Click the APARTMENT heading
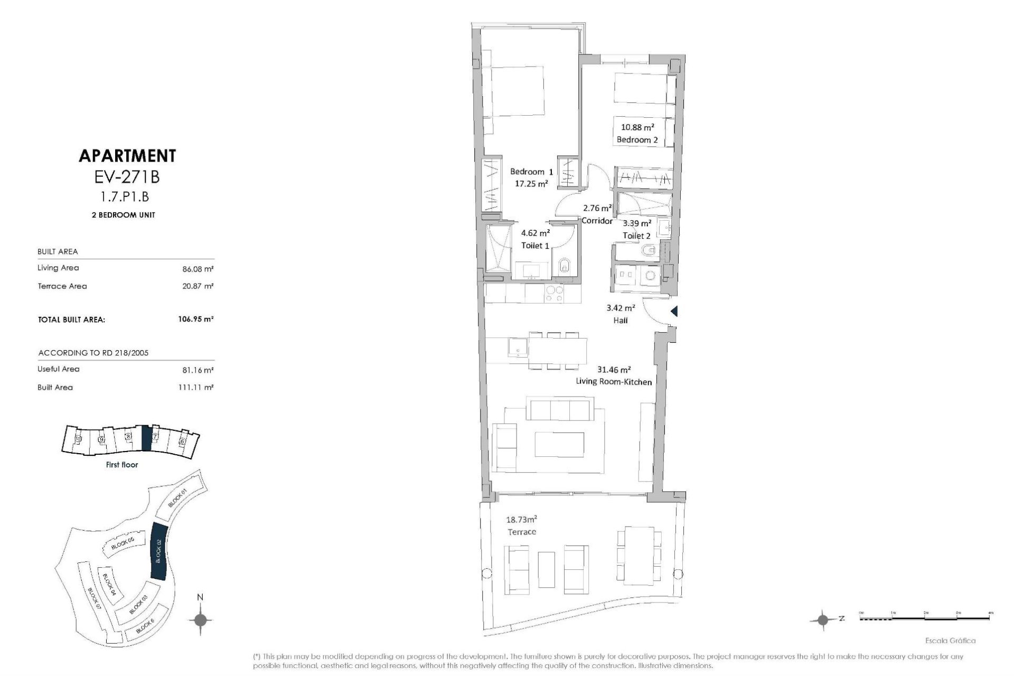pyautogui.click(x=127, y=156)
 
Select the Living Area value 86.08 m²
pyautogui.click(x=198, y=269)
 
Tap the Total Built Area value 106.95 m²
pyautogui.click(x=195, y=319)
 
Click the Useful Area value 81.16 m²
pyautogui.click(x=198, y=370)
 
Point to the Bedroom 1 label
pyautogui.click(x=531, y=172)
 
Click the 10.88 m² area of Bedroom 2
pyautogui.click(x=637, y=127)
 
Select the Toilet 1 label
pyautogui.click(x=535, y=246)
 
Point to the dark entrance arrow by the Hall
pyautogui.click(x=674, y=312)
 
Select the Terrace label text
pyautogui.click(x=521, y=532)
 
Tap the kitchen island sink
pyautogui.click(x=518, y=347)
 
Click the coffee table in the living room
pyautogui.click(x=559, y=444)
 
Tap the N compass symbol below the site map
pyautogui.click(x=200, y=619)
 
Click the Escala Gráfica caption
pyautogui.click(x=957, y=641)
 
